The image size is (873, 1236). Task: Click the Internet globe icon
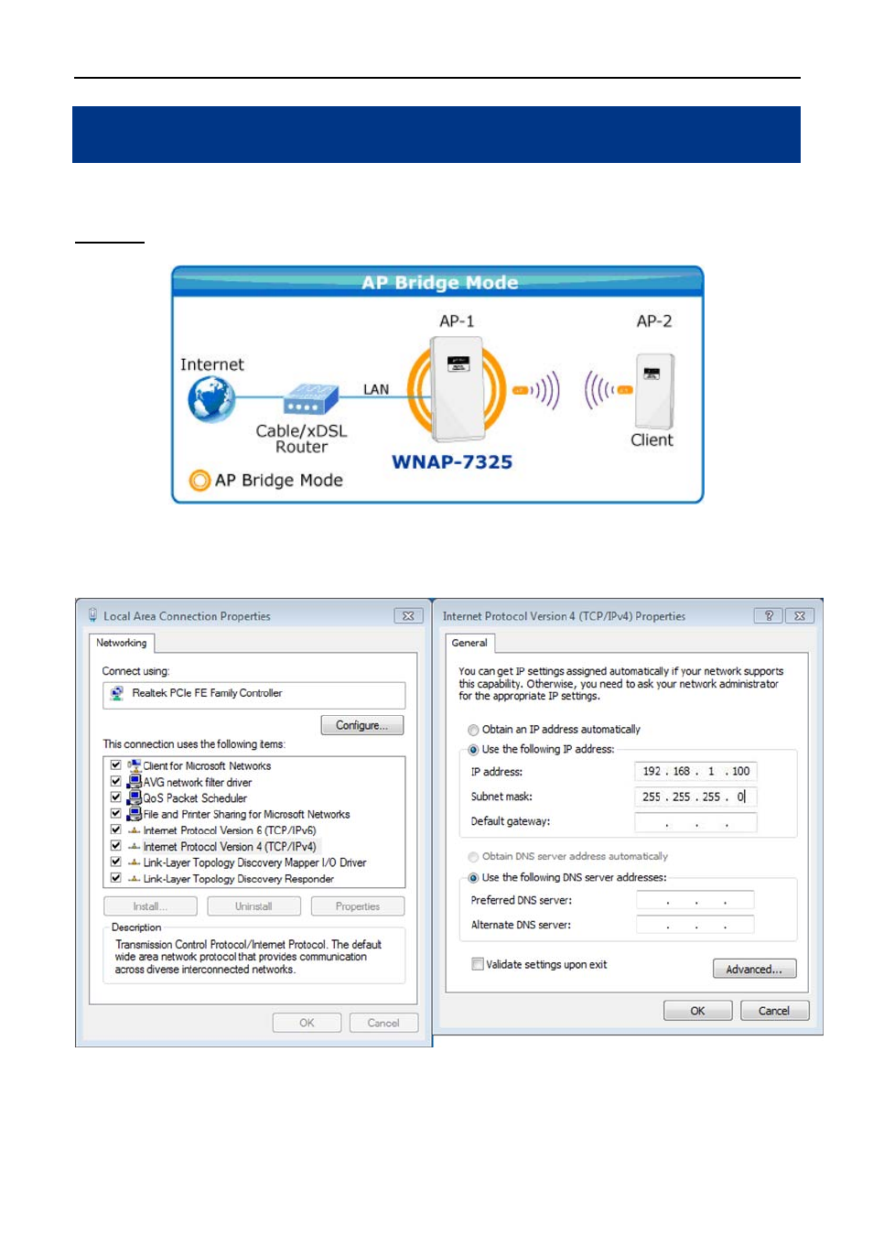(x=211, y=399)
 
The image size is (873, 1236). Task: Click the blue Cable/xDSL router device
(x=310, y=398)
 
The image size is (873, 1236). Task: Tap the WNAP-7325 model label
(x=452, y=461)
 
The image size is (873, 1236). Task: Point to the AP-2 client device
(x=654, y=391)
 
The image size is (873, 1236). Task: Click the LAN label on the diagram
(x=375, y=389)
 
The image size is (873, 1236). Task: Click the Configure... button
(x=361, y=725)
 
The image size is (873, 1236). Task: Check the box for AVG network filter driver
(x=116, y=781)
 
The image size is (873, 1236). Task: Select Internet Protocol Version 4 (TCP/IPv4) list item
(x=230, y=847)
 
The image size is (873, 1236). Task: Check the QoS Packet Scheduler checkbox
(x=116, y=797)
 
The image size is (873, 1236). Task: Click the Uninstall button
(x=253, y=906)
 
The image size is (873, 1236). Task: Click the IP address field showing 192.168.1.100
(x=695, y=771)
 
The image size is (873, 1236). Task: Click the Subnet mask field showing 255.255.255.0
(x=695, y=797)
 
